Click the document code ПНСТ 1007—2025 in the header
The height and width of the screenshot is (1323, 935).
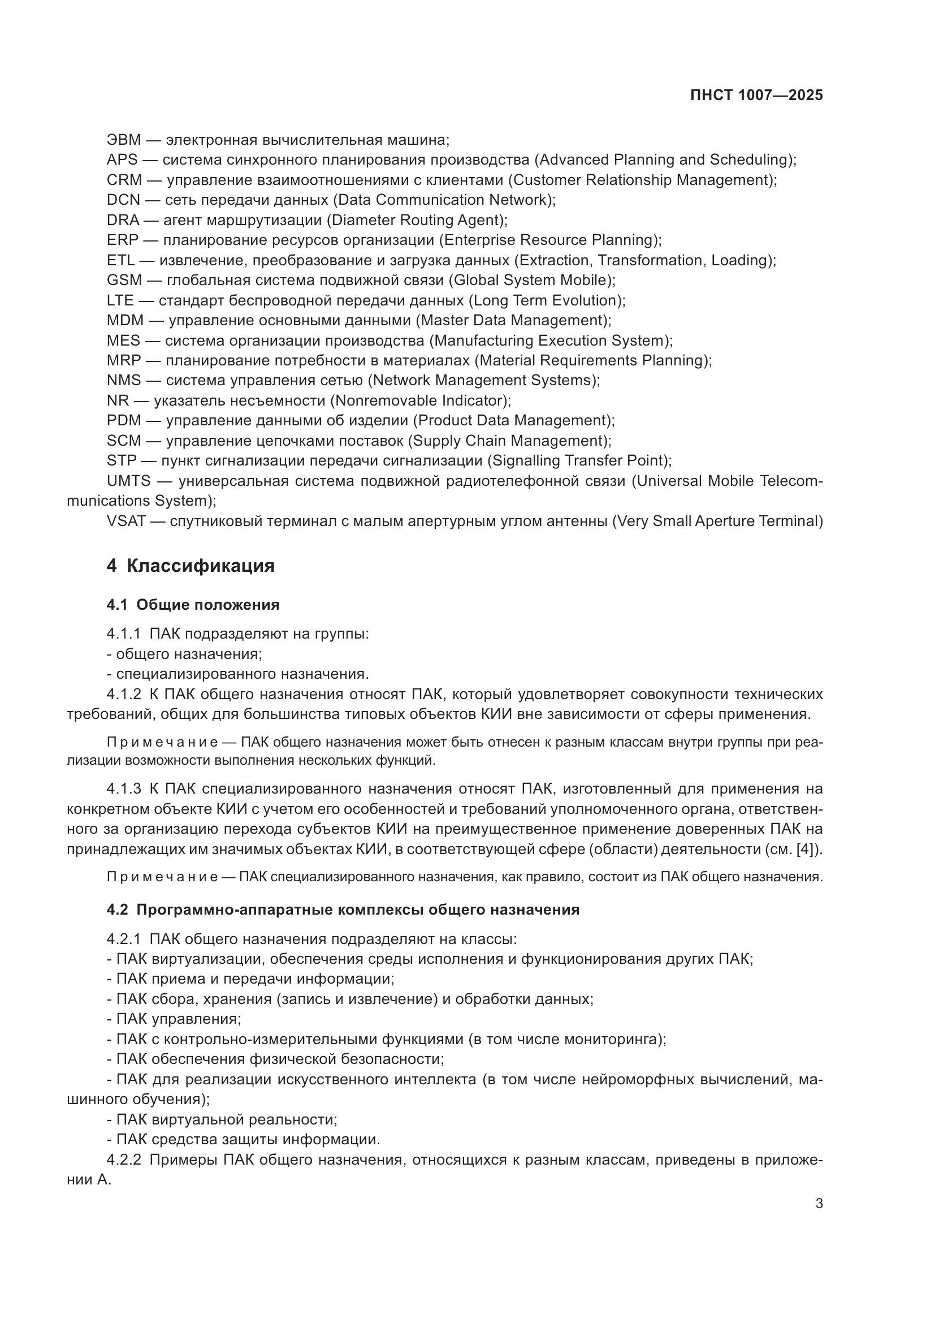coord(756,96)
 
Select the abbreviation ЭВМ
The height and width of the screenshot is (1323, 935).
coord(124,140)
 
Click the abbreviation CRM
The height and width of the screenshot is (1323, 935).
coord(124,180)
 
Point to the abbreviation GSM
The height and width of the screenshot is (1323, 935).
coord(124,280)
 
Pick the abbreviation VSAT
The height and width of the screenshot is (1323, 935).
coord(126,521)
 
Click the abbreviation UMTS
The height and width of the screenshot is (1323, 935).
coord(128,481)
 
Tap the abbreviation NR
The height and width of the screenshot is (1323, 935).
coord(118,400)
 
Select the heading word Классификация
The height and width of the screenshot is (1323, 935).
coord(200,566)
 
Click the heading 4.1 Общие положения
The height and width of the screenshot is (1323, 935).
coord(193,605)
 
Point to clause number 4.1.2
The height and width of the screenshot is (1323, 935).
coord(123,694)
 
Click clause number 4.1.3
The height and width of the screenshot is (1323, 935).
coord(123,789)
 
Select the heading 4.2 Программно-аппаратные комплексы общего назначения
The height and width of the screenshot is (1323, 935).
coord(343,910)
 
